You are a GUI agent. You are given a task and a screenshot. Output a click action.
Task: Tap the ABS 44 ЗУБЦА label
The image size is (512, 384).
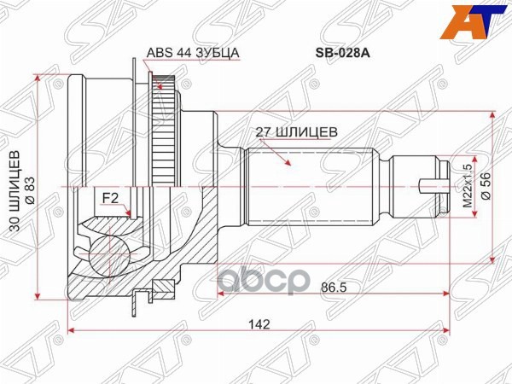193,52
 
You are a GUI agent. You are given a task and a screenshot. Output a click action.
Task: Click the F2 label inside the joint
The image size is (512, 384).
110,198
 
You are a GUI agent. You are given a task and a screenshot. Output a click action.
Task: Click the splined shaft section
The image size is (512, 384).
311,183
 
